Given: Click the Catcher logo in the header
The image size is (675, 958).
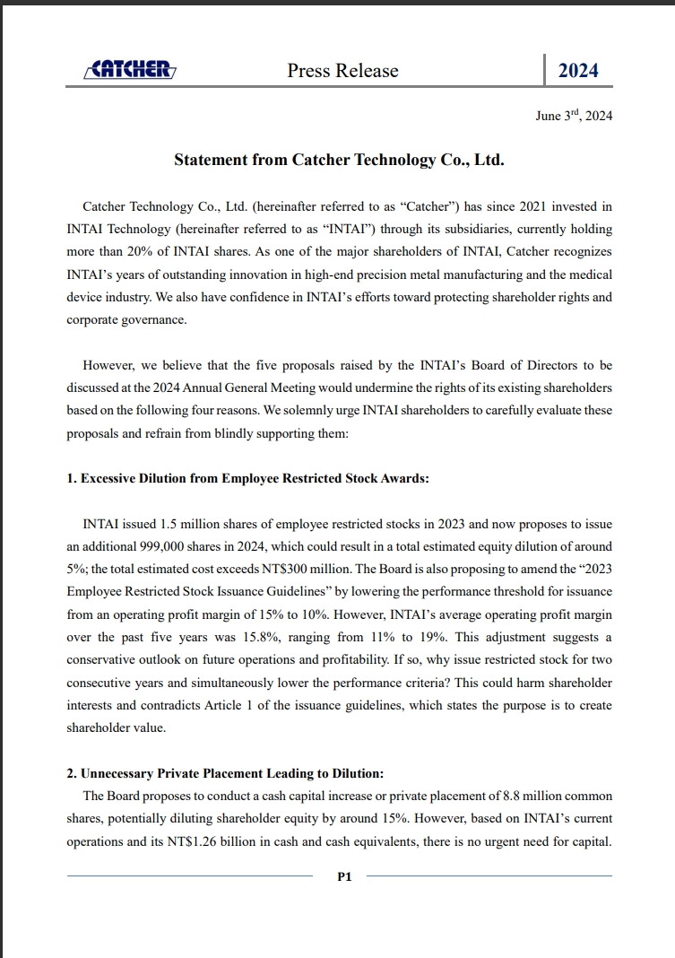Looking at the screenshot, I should click(x=129, y=70).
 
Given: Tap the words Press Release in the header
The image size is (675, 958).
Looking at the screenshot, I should click(x=342, y=71).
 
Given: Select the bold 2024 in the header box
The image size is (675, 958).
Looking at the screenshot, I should click(x=578, y=71).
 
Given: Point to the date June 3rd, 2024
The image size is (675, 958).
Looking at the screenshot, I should click(x=574, y=116).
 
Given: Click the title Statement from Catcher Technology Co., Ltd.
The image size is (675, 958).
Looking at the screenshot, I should click(x=339, y=160).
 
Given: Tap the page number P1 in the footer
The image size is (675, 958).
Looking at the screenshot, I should click(x=344, y=876).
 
